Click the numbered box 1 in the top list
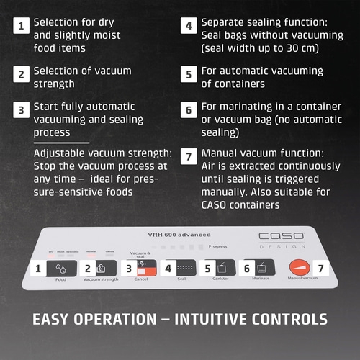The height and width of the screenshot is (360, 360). (x=22, y=26)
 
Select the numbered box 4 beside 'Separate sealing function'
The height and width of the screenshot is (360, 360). (x=189, y=26)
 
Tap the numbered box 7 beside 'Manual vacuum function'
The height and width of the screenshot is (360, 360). (x=189, y=157)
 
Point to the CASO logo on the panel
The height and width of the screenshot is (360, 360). (x=281, y=237)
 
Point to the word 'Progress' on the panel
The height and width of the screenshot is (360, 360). (x=217, y=246)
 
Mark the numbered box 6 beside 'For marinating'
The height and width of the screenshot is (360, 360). (x=189, y=109)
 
